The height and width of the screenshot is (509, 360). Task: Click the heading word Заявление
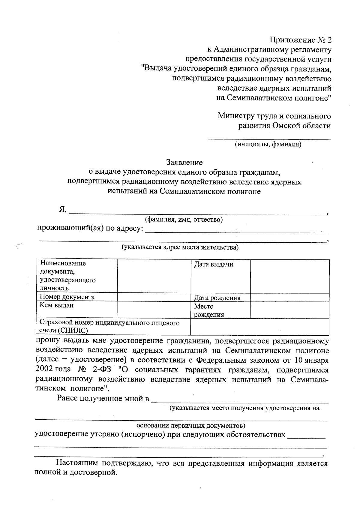point(184,163)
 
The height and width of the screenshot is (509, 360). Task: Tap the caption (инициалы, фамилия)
point(268,145)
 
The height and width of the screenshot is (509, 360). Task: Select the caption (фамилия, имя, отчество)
point(184,220)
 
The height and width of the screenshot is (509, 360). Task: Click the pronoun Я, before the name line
point(62,210)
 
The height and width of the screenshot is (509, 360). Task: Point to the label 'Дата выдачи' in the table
point(214,265)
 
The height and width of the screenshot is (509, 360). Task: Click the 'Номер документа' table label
point(67,297)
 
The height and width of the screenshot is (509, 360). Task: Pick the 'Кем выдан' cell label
point(56,305)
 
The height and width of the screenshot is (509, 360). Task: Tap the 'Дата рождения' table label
point(217,298)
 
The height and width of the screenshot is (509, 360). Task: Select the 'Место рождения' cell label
point(209,310)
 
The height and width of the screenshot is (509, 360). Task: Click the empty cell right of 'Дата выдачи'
point(289,276)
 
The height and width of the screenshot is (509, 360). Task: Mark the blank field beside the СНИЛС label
point(259,327)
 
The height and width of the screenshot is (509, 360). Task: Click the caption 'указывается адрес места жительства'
point(180,247)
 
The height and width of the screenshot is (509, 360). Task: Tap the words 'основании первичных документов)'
point(191,425)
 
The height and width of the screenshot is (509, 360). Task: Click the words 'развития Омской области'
point(284,126)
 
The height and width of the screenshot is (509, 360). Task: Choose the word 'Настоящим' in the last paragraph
point(77,463)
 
